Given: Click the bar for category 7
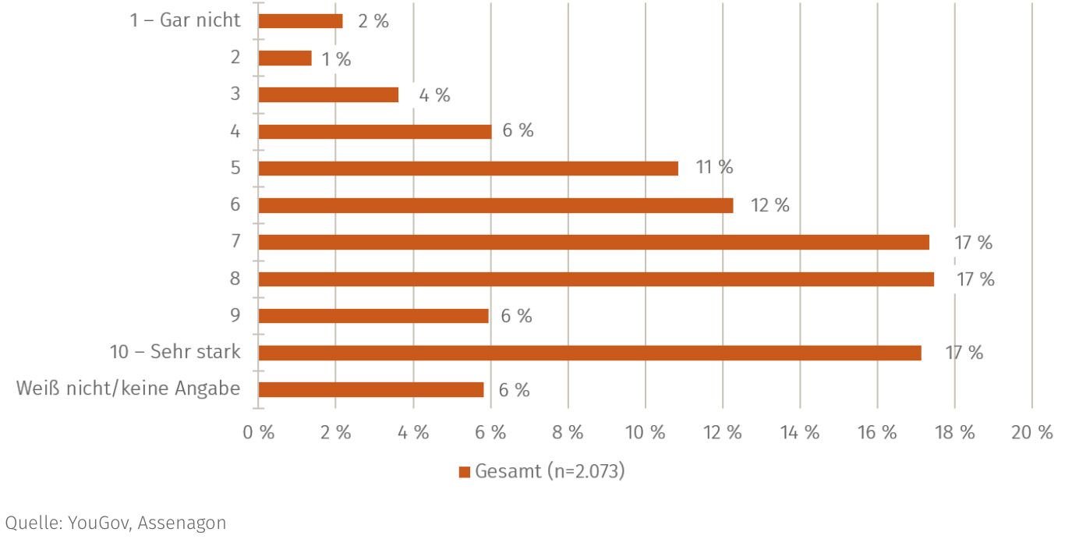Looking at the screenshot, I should click(x=593, y=242).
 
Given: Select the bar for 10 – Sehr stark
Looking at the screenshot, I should click(x=589, y=353).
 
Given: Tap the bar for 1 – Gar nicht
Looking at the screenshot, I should click(x=300, y=21).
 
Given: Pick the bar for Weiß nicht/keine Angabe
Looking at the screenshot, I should click(x=371, y=389).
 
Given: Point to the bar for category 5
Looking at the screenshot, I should click(x=468, y=168).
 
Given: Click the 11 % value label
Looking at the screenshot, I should click(x=714, y=167).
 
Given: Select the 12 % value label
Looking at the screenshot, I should click(x=770, y=205).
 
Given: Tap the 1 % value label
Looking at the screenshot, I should click(x=337, y=59).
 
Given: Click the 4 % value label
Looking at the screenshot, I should click(x=434, y=95).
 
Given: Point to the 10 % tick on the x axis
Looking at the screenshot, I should click(x=646, y=432).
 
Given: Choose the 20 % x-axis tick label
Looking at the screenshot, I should click(x=1032, y=432).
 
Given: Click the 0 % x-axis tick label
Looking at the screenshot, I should click(x=259, y=432).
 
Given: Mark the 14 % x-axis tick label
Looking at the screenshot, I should click(x=800, y=432).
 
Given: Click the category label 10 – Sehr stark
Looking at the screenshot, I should click(x=175, y=352).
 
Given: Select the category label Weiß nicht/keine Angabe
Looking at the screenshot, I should click(x=128, y=389).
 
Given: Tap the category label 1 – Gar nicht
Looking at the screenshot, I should click(x=186, y=20).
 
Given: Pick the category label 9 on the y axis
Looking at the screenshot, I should click(x=235, y=315).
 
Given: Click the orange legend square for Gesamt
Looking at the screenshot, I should click(x=465, y=472).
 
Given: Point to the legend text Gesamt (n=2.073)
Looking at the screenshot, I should click(x=550, y=471).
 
